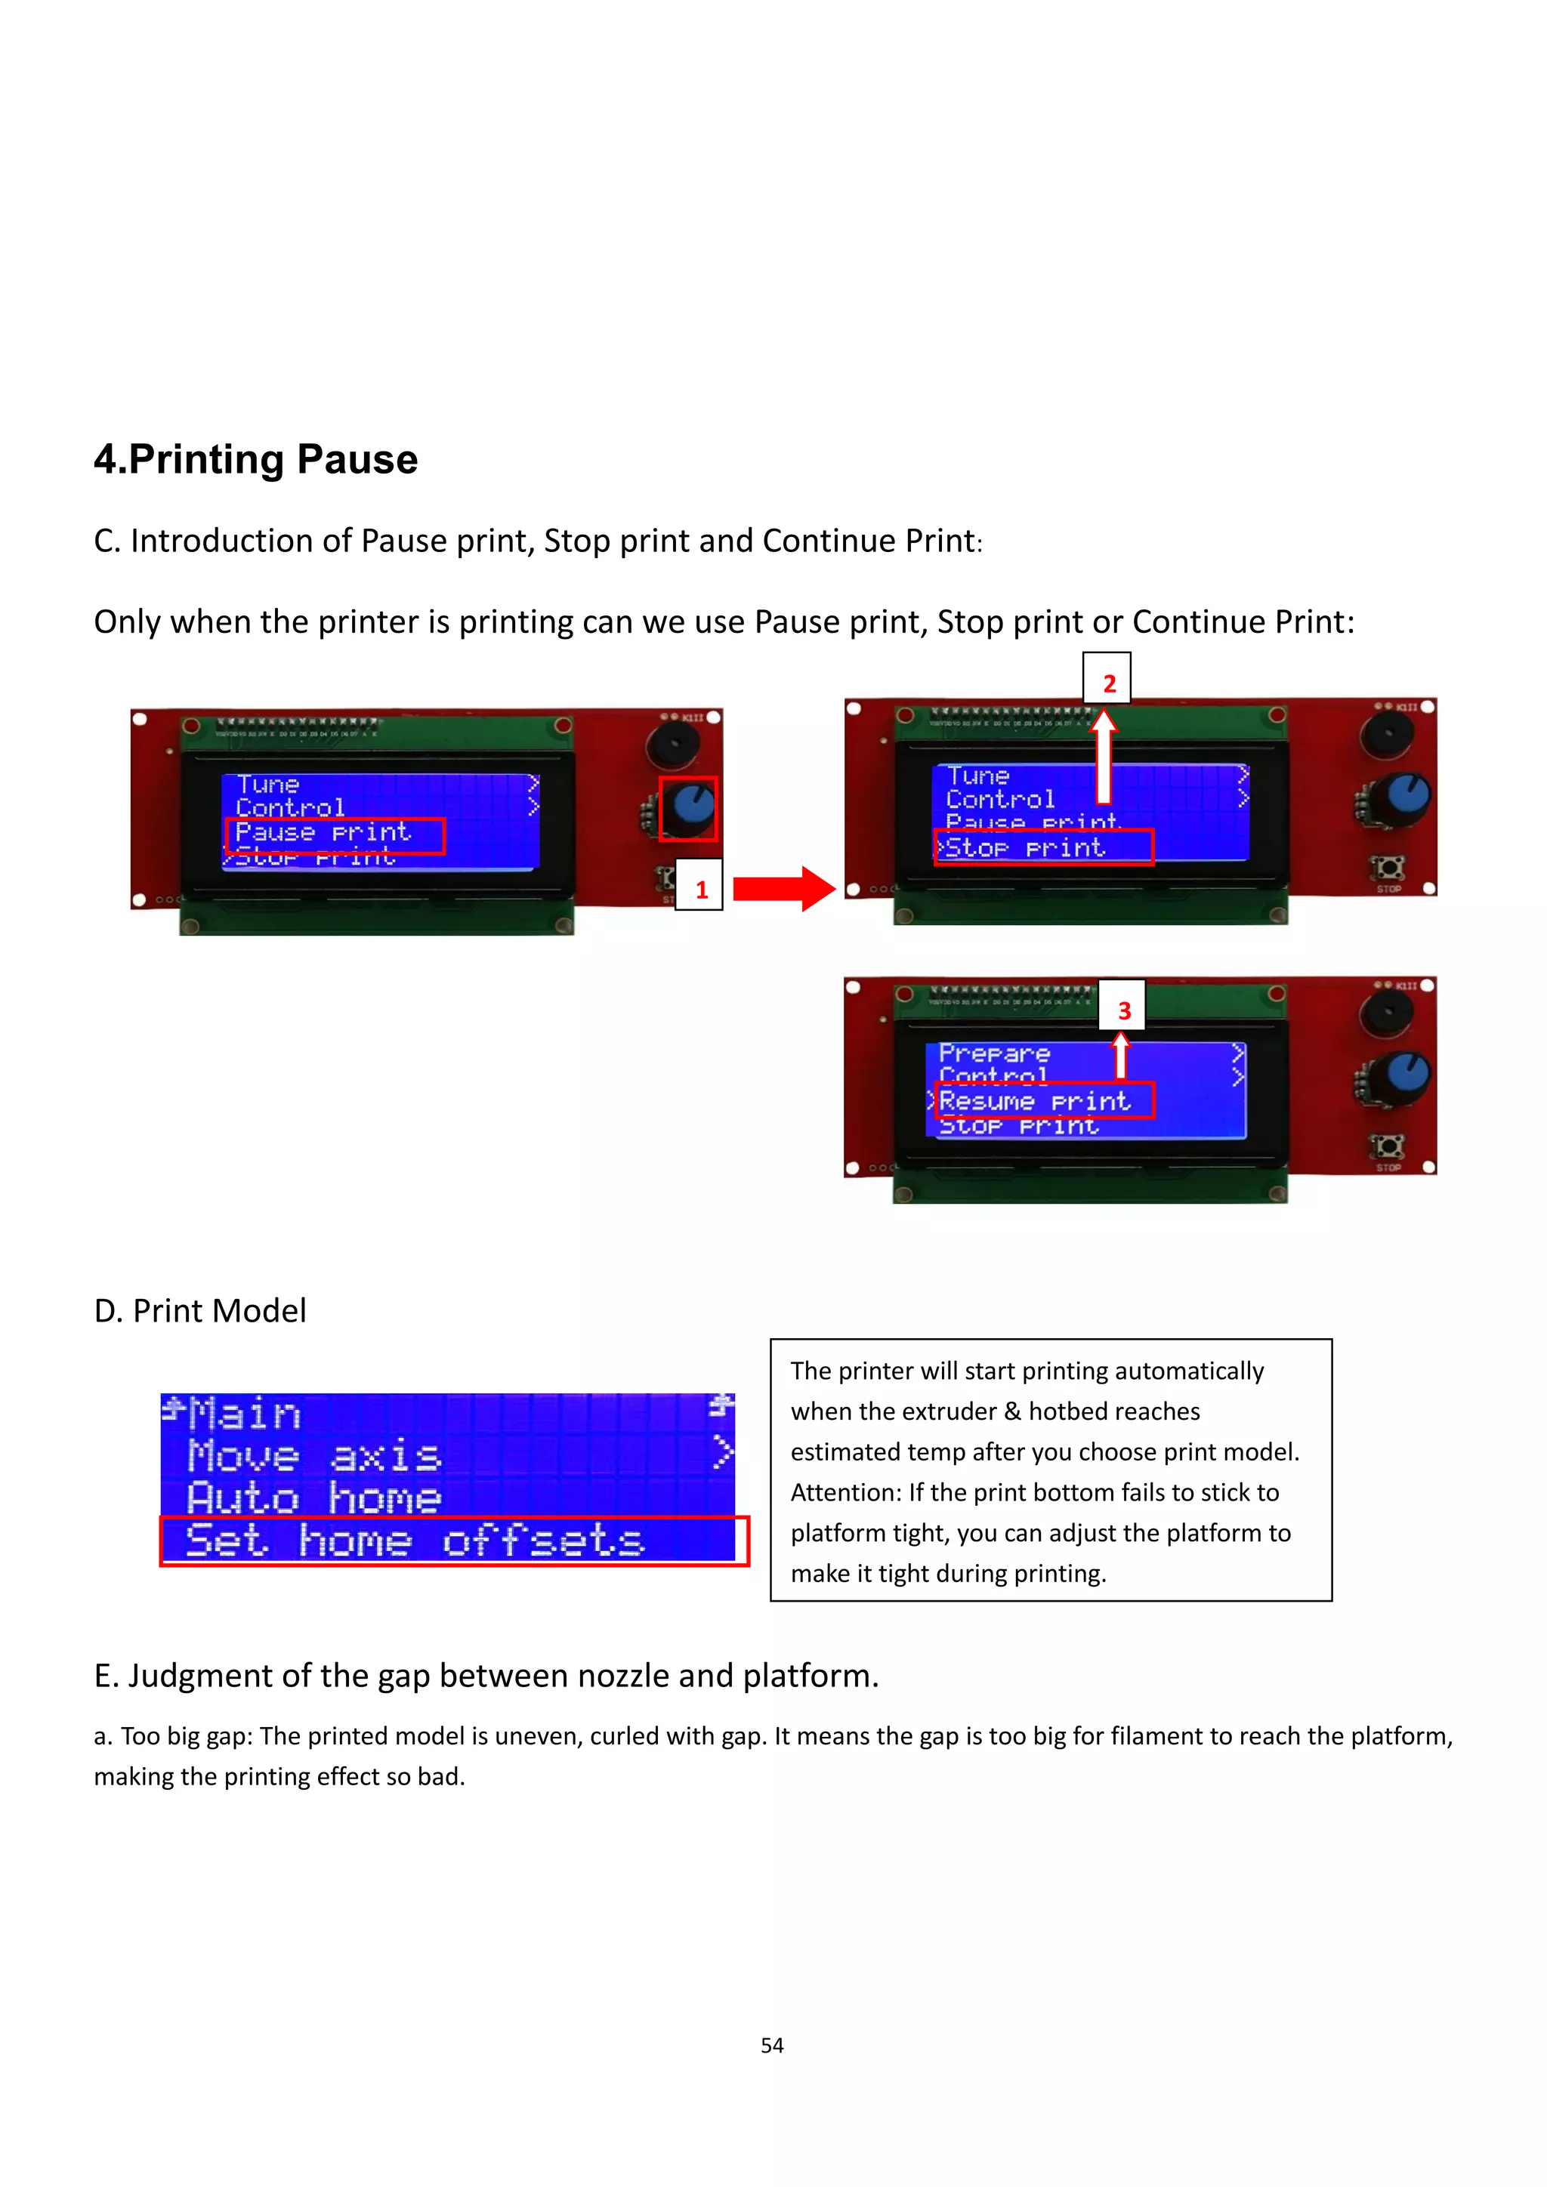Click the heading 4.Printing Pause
[x=255, y=459]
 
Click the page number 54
[x=771, y=2045]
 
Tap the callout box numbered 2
[x=1107, y=680]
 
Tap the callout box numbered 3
[x=1122, y=1007]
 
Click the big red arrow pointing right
[x=783, y=888]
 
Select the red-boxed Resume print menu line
[x=1044, y=1101]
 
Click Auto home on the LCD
[x=314, y=1498]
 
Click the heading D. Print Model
[x=200, y=1311]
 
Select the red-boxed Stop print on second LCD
[x=1043, y=847]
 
